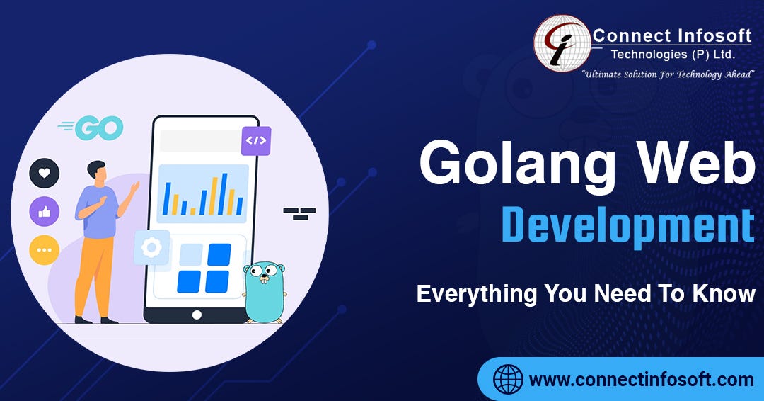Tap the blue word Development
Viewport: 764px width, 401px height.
tap(627, 225)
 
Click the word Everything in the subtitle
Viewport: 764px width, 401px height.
tap(476, 293)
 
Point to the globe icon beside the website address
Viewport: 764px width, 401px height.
tap(508, 379)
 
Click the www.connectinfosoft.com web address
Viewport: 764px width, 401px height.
tap(642, 380)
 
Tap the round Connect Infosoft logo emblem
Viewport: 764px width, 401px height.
tap(562, 43)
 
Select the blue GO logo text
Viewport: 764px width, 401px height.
tap(99, 128)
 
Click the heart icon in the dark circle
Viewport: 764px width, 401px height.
tap(44, 173)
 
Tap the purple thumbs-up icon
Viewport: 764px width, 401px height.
tap(44, 211)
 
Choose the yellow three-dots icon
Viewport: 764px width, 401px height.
tap(44, 250)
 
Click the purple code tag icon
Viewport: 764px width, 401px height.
tap(255, 140)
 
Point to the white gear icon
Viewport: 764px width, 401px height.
tap(151, 247)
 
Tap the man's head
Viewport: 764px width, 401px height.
tap(97, 171)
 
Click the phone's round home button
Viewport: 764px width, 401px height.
tap(197, 315)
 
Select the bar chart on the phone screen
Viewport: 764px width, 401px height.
tap(203, 194)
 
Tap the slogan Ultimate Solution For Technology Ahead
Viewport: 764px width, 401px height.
tap(668, 74)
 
